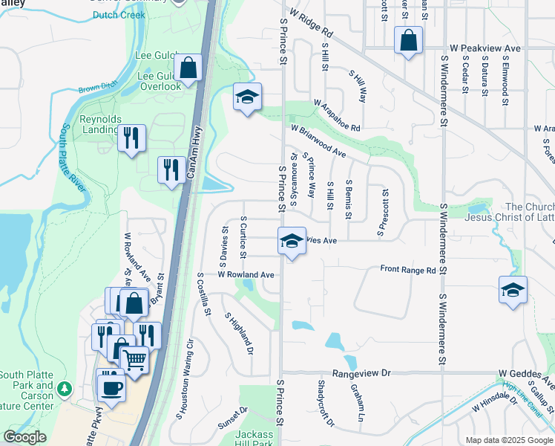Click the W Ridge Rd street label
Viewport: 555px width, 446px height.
(312, 24)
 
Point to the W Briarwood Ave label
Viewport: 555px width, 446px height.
(319, 140)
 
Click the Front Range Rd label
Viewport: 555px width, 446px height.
(407, 270)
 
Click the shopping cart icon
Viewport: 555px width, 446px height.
(134, 360)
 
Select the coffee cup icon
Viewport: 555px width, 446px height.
(111, 387)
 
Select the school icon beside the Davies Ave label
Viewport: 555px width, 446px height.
(292, 240)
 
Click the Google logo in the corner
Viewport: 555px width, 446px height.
(24, 437)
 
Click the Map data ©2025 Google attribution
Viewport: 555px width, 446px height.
(508, 440)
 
